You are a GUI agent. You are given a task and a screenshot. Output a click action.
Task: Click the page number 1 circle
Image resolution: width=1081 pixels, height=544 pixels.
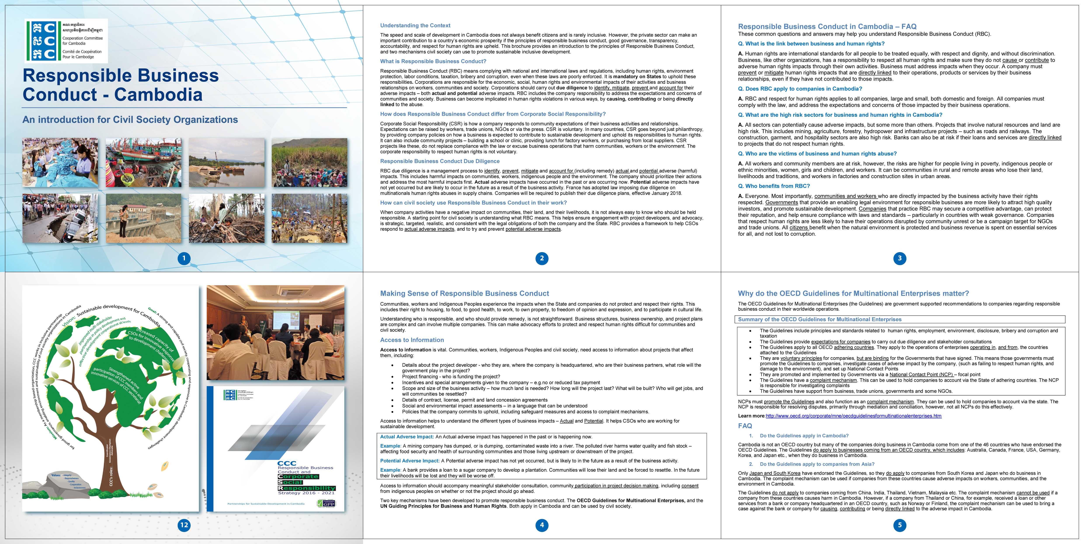coord(184,258)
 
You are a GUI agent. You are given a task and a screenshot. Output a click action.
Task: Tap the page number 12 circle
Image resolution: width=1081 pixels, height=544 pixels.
coord(184,525)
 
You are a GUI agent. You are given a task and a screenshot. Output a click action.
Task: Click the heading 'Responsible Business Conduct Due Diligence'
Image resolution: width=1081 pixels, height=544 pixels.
coord(439,161)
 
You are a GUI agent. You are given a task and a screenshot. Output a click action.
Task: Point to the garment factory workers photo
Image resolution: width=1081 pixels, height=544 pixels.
coord(60,162)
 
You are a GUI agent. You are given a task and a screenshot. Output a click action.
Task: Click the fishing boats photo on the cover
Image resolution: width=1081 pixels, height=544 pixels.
coord(143,162)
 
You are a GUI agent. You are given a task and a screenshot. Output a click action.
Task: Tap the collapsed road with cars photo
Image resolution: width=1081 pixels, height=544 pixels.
coord(60,218)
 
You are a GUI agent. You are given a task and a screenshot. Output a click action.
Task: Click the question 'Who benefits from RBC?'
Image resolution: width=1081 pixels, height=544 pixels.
coord(774,186)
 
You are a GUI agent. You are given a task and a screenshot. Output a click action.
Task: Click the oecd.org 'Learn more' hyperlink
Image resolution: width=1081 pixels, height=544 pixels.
coord(853,416)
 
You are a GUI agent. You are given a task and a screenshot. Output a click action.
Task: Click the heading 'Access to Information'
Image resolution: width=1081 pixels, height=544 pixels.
coord(412,340)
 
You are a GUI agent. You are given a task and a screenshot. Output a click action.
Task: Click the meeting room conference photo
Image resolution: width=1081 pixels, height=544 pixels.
coord(275,332)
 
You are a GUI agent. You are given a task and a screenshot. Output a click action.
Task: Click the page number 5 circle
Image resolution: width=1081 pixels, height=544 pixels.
coord(899,525)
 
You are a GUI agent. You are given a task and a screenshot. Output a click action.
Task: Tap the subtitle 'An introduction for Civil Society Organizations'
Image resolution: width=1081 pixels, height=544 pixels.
coord(130,120)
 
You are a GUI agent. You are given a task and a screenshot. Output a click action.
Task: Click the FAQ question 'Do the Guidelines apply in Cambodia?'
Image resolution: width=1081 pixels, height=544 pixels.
coord(804,436)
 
